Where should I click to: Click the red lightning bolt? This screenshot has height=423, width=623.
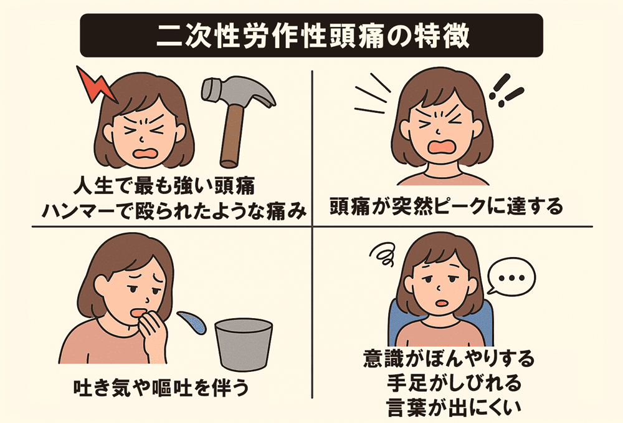click(95, 85)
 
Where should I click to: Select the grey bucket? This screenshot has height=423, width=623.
click(244, 344)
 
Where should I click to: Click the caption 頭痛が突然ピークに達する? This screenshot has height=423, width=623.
click(446, 206)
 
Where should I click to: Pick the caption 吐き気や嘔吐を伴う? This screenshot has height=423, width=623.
click(161, 387)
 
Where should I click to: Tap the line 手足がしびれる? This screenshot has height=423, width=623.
click(454, 383)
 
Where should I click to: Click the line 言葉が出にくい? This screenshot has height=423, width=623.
click(454, 407)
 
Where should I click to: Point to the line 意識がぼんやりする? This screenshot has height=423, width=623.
click(449, 359)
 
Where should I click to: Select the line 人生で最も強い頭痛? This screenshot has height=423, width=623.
click(164, 186)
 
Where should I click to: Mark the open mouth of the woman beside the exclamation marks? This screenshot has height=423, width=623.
click(442, 147)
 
